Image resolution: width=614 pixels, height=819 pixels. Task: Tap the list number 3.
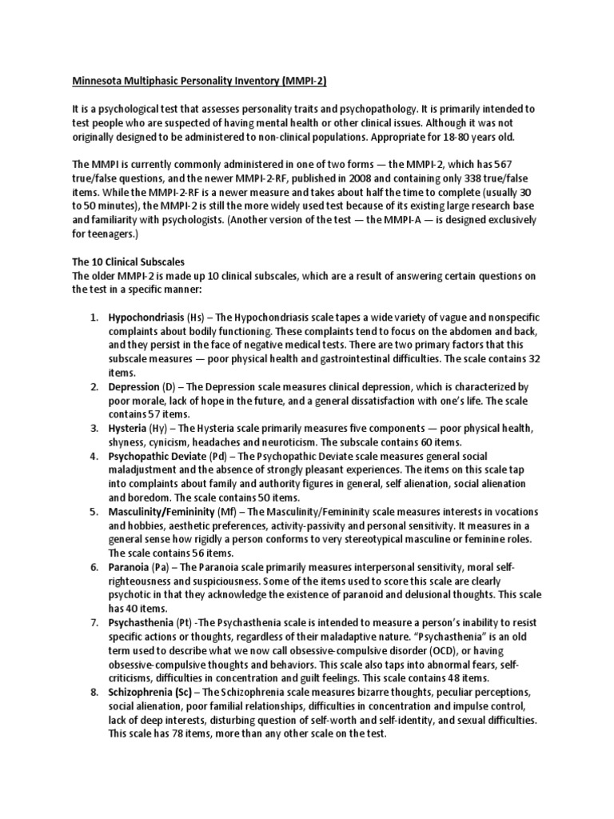tap(94, 429)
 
